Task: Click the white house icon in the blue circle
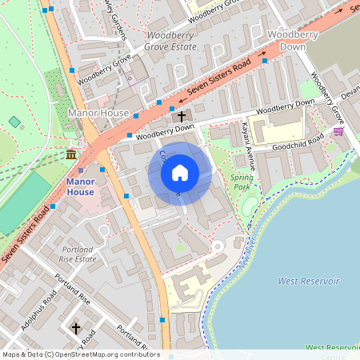point(180,173)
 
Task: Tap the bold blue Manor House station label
point(80,186)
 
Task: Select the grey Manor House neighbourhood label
point(98,114)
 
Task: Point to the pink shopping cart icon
point(338,131)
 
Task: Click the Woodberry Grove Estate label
point(171,42)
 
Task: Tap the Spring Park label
point(241,182)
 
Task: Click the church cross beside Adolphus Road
point(76,328)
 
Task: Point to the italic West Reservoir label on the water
point(308,282)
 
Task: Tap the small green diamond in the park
point(14,122)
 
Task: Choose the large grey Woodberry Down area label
point(298,42)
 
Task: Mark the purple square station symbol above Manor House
point(81,170)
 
